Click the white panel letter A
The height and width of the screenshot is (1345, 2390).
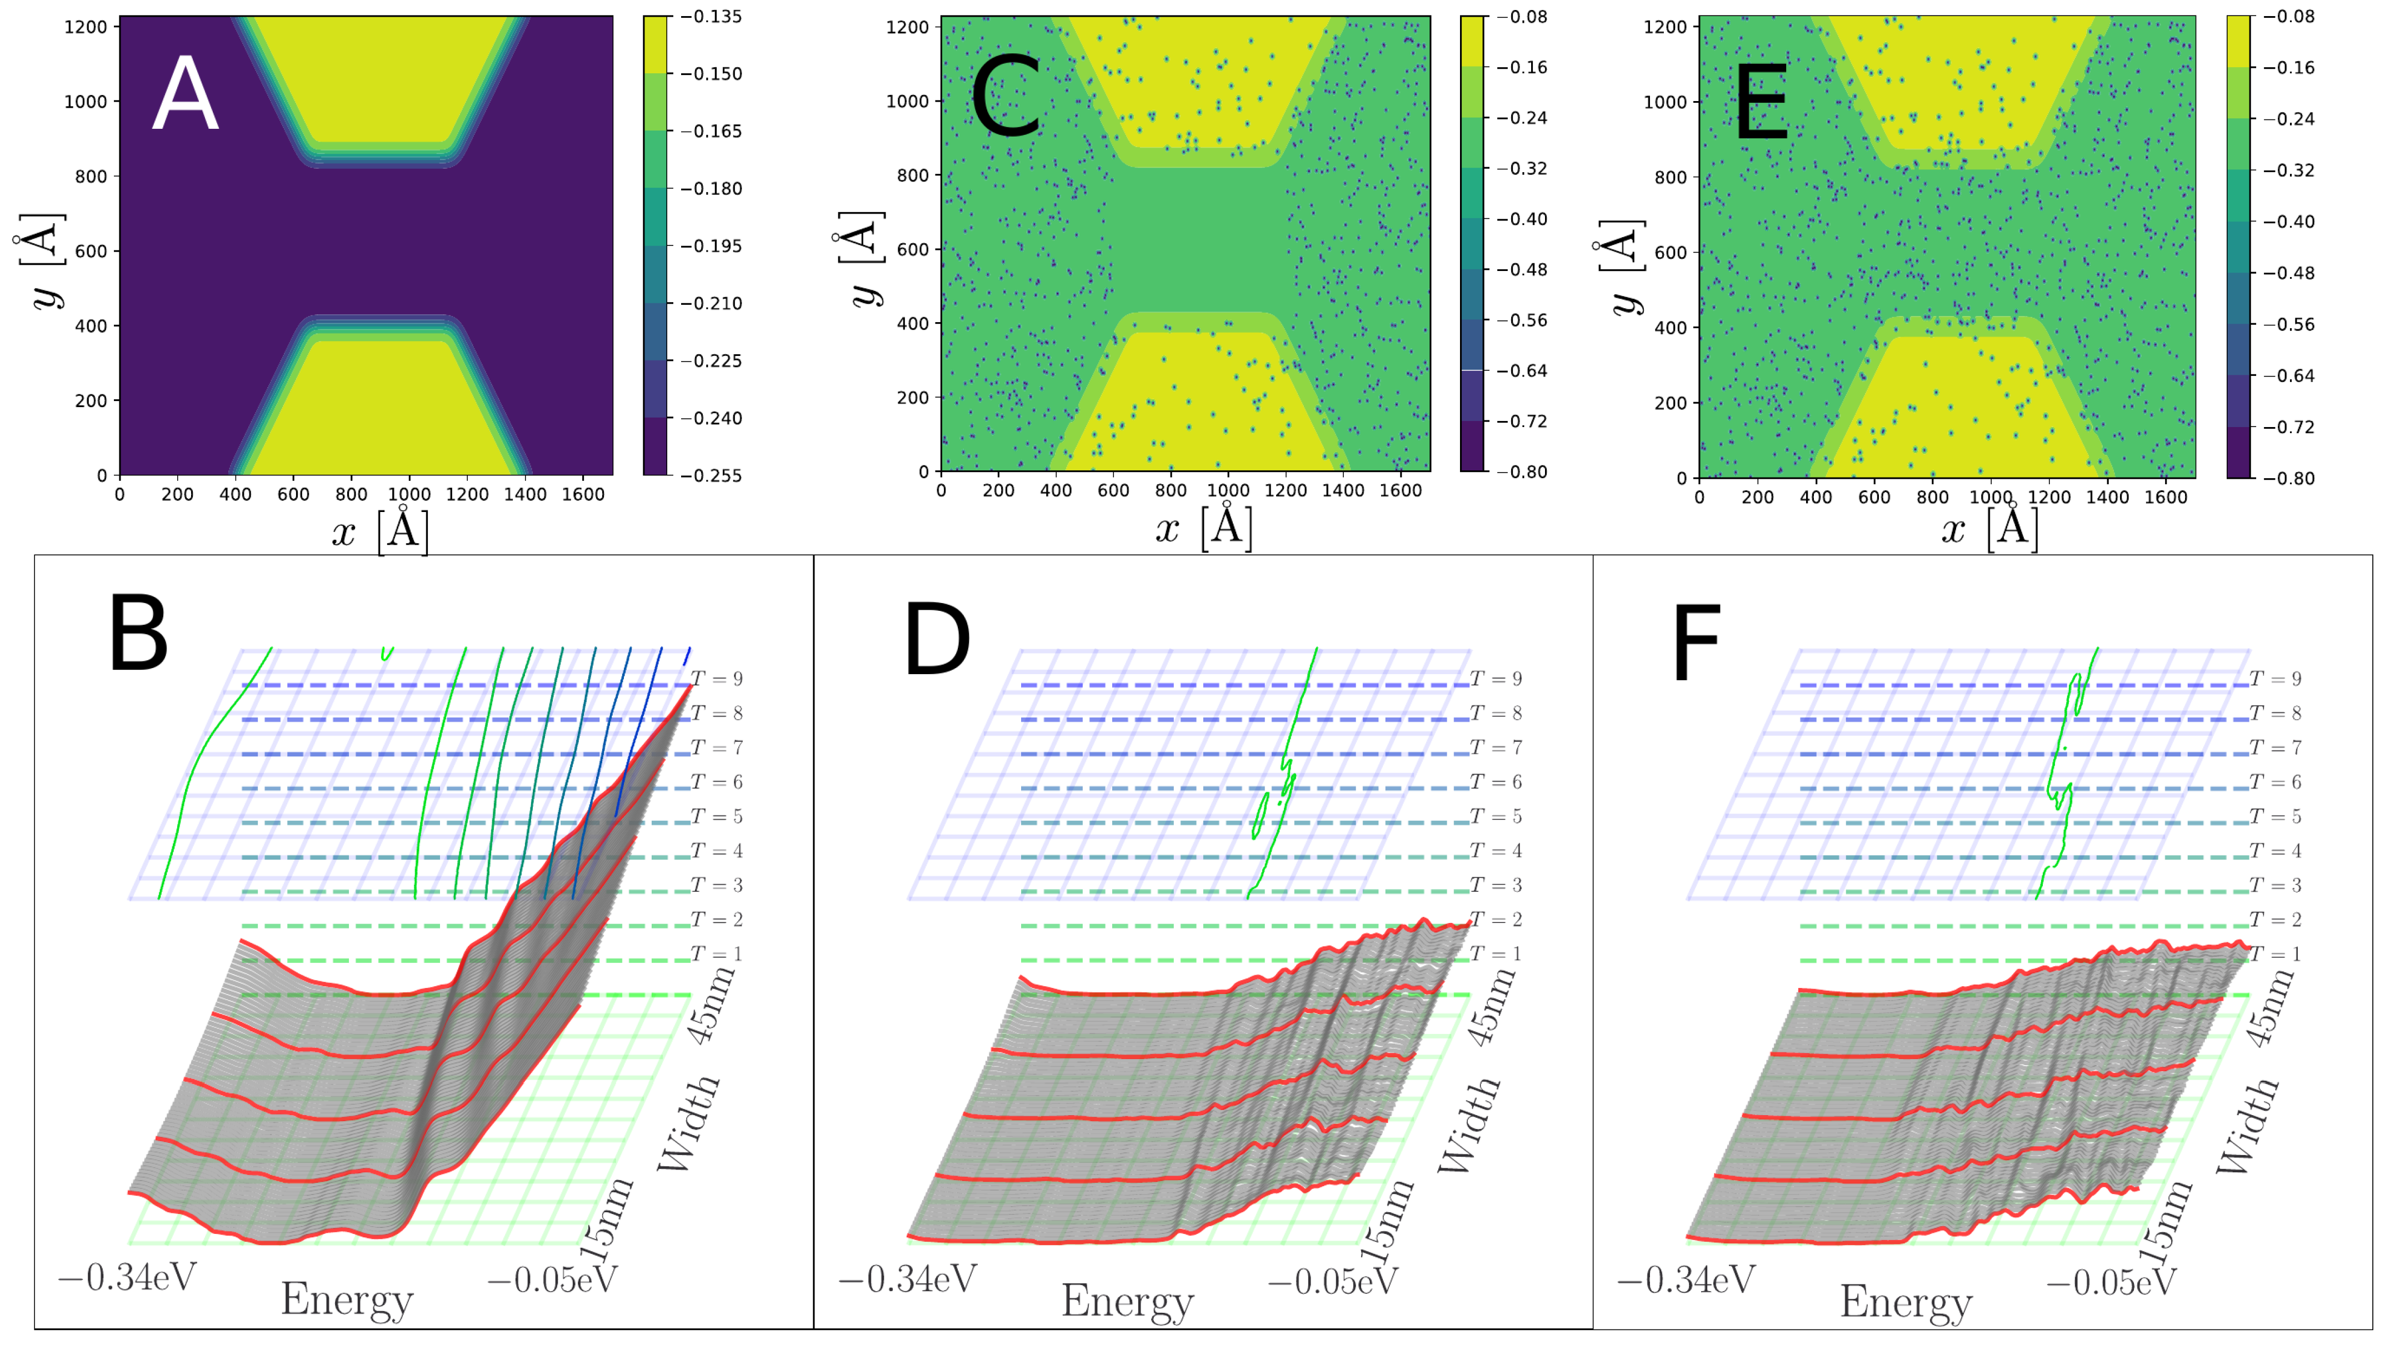[186, 94]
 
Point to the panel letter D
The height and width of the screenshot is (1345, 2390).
[937, 640]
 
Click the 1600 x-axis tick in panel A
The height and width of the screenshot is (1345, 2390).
[583, 494]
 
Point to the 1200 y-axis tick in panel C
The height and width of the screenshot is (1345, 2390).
[907, 27]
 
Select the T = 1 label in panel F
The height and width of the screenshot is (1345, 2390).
[2275, 953]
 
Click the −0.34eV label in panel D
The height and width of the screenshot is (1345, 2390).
[907, 1279]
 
